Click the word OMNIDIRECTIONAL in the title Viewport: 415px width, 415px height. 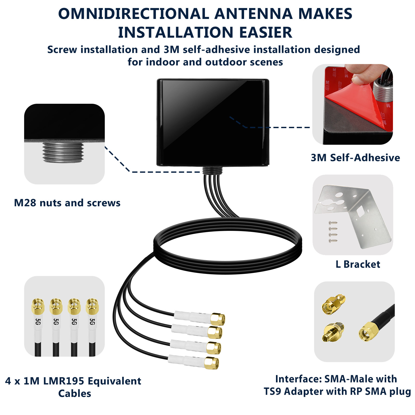click(x=134, y=14)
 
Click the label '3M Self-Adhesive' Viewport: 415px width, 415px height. click(x=355, y=158)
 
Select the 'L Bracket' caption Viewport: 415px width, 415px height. click(x=358, y=264)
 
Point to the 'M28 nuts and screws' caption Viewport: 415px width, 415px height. click(x=67, y=203)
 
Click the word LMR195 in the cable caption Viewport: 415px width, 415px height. click(x=64, y=381)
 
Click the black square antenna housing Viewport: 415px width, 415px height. click(x=213, y=122)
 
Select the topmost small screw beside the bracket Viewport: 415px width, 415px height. click(x=333, y=223)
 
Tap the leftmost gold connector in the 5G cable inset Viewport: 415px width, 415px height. click(x=38, y=306)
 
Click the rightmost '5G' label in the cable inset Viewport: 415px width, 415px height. click(x=92, y=322)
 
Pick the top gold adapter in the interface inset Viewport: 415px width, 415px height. click(x=334, y=303)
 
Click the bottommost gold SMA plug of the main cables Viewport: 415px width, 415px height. click(x=211, y=363)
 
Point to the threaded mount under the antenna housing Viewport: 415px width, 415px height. click(x=212, y=170)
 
